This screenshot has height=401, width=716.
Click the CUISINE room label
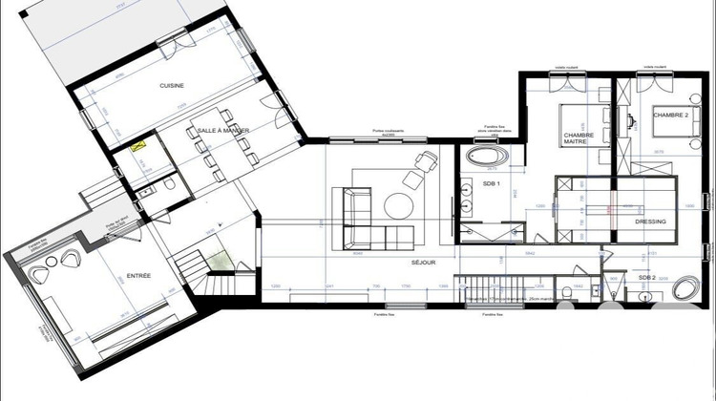click(172, 86)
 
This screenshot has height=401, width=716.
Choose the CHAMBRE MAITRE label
click(579, 140)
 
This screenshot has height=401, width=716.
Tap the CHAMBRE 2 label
click(670, 115)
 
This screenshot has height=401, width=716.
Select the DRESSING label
click(650, 222)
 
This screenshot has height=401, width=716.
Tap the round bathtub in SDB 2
click(686, 289)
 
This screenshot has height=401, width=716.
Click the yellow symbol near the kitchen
click(140, 148)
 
